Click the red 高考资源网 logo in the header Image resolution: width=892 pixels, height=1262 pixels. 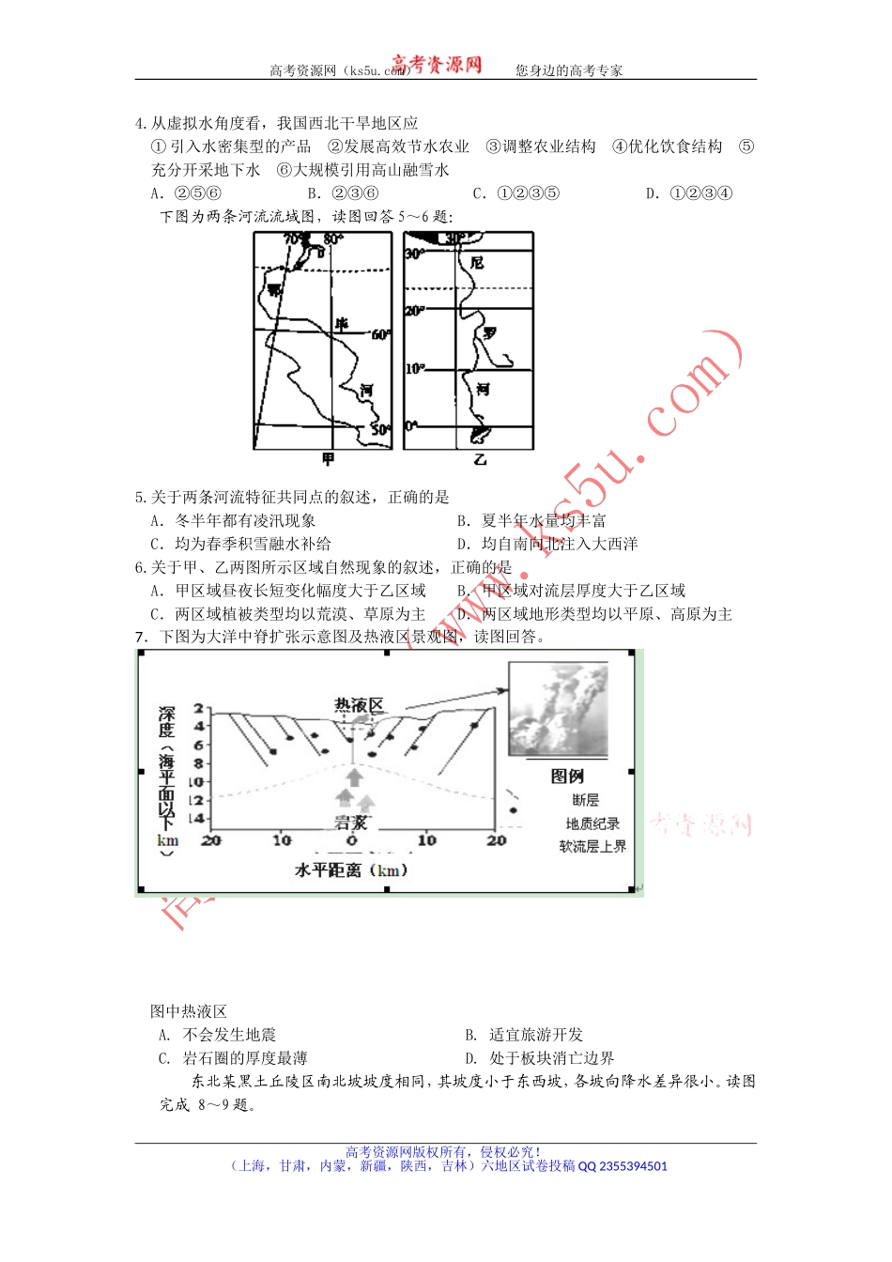(x=437, y=64)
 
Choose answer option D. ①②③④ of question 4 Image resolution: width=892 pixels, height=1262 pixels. (x=688, y=193)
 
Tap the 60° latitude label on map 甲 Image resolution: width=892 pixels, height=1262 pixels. (x=380, y=334)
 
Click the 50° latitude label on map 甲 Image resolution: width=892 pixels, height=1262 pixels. (x=380, y=429)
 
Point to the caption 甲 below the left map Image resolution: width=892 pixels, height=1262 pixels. (x=328, y=459)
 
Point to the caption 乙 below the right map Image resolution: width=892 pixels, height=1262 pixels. (x=480, y=459)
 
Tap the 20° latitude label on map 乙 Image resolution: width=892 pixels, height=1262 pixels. (x=414, y=310)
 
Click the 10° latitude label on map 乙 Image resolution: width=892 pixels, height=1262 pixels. (x=414, y=369)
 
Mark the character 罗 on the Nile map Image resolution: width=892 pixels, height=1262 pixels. (x=489, y=333)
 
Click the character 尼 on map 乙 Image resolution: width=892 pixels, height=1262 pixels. (x=477, y=263)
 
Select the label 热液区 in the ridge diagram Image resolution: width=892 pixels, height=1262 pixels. (x=359, y=705)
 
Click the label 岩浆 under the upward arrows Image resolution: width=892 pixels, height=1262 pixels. (x=351, y=823)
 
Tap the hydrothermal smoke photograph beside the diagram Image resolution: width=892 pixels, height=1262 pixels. (x=558, y=709)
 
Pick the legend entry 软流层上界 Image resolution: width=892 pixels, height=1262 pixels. (x=592, y=846)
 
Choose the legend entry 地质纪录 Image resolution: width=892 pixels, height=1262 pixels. (x=592, y=823)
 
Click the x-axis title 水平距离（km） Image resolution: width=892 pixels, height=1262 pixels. (x=352, y=870)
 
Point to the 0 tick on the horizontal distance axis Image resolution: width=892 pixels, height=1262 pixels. (x=352, y=840)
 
